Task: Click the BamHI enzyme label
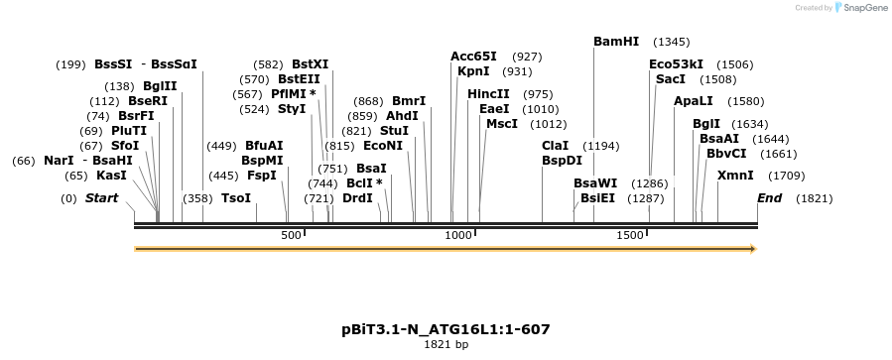pyautogui.click(x=616, y=42)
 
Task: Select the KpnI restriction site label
pyautogui.click(x=473, y=71)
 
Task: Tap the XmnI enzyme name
pyautogui.click(x=735, y=176)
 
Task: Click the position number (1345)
pyautogui.click(x=671, y=42)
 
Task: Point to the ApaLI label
pyautogui.click(x=693, y=101)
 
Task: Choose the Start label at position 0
pyautogui.click(x=101, y=198)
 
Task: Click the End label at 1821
pyautogui.click(x=769, y=198)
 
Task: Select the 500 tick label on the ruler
pyautogui.click(x=291, y=236)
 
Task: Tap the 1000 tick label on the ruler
pyautogui.click(x=458, y=236)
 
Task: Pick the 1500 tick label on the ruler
pyautogui.click(x=630, y=236)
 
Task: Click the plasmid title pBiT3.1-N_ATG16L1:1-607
pyautogui.click(x=446, y=329)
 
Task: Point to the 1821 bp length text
pyautogui.click(x=446, y=345)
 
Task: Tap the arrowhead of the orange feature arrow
pyautogui.click(x=752, y=248)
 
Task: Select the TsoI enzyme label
pyautogui.click(x=236, y=198)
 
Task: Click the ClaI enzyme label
pyautogui.click(x=556, y=146)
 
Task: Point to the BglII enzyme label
pyautogui.click(x=160, y=86)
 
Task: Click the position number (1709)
pyautogui.click(x=787, y=176)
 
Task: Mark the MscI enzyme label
pyautogui.click(x=502, y=124)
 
